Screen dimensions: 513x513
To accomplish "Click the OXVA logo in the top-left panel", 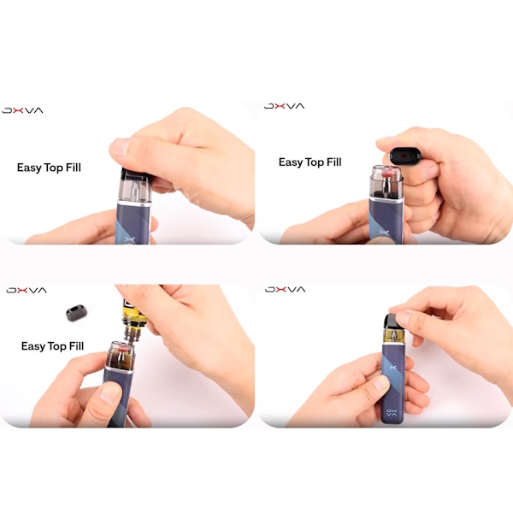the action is tap(22, 110).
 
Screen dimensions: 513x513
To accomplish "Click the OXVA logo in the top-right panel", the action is tap(285, 106).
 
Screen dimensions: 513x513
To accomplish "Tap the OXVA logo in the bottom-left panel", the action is tap(27, 290).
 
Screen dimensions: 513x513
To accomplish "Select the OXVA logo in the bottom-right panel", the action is tap(286, 289).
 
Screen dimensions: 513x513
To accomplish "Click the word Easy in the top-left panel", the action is tap(29, 168).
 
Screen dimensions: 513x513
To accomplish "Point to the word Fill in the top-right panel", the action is tap(334, 162).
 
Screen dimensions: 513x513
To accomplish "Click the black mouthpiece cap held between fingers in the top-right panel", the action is tap(403, 156).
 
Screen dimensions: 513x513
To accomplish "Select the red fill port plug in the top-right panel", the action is tap(387, 173).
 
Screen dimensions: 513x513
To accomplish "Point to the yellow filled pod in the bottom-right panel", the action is tap(394, 335).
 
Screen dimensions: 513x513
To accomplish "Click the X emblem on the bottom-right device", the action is tap(393, 368).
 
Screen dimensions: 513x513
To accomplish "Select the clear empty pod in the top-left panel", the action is tap(134, 187).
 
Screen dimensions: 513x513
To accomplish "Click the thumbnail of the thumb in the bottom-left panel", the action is tap(109, 392).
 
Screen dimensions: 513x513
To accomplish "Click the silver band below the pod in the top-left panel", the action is tap(134, 203).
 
